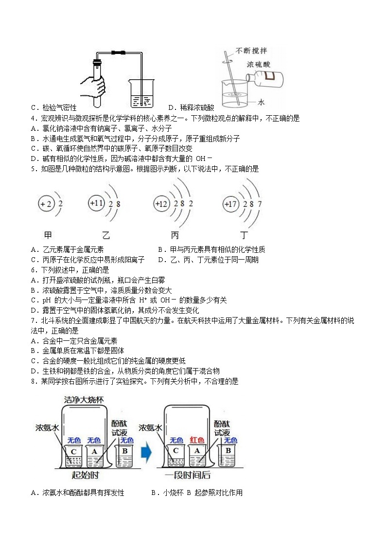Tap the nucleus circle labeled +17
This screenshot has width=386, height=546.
click(x=230, y=204)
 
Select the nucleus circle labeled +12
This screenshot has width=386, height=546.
click(x=161, y=204)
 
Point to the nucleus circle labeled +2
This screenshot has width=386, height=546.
click(x=47, y=204)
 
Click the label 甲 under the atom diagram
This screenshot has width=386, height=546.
click(x=48, y=235)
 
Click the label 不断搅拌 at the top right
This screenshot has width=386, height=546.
click(x=252, y=51)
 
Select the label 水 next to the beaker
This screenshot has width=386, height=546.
click(x=261, y=102)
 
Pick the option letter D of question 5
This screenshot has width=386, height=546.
click(x=161, y=260)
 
